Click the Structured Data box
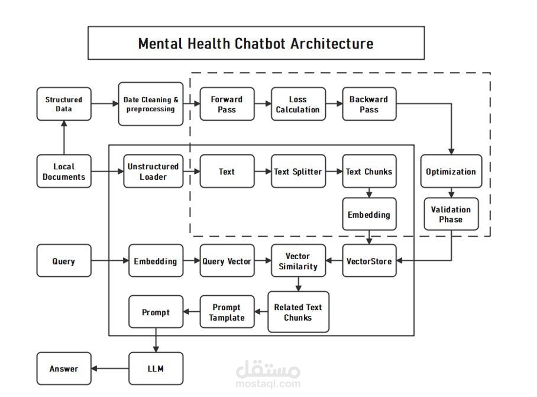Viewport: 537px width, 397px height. click(x=64, y=105)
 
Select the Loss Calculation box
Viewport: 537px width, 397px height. click(x=298, y=105)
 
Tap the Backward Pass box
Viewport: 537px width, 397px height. click(x=369, y=105)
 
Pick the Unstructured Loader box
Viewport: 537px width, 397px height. click(x=153, y=172)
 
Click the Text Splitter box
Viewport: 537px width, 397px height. click(x=298, y=172)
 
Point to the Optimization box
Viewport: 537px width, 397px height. click(x=451, y=172)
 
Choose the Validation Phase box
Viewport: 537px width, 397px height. click(x=451, y=214)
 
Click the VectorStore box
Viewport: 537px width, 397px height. click(x=369, y=261)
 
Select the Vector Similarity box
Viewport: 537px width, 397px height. click(x=298, y=261)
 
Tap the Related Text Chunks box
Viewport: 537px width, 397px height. click(x=298, y=312)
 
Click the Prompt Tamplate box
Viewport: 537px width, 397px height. click(x=227, y=312)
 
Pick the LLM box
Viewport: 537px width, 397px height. click(x=156, y=369)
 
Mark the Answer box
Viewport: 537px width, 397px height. click(x=64, y=369)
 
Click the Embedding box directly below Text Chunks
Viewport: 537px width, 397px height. click(x=369, y=214)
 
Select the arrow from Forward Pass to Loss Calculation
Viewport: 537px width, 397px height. click(x=263, y=105)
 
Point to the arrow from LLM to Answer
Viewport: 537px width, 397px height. click(x=110, y=369)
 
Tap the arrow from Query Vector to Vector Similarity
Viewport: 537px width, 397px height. click(x=263, y=261)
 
